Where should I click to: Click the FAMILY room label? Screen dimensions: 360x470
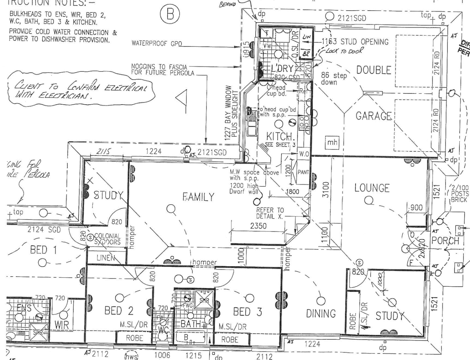point(198,197)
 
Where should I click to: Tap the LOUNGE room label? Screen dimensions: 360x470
point(372,188)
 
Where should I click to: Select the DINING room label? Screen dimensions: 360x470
point(321,314)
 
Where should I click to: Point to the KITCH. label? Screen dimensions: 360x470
point(280,136)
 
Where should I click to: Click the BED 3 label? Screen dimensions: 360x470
point(247,312)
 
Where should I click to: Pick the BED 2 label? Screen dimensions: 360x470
point(119,311)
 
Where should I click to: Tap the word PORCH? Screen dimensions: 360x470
point(445,241)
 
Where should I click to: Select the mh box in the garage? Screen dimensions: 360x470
point(332,143)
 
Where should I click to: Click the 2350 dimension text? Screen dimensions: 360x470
point(258,226)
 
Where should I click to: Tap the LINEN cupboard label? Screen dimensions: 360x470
point(106,258)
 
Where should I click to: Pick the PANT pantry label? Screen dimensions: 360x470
point(303,172)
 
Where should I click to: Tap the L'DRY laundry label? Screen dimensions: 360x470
point(282,69)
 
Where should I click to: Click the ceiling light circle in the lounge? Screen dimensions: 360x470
point(368,200)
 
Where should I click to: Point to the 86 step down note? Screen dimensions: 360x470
point(334,79)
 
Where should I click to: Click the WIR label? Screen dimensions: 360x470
point(62,325)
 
